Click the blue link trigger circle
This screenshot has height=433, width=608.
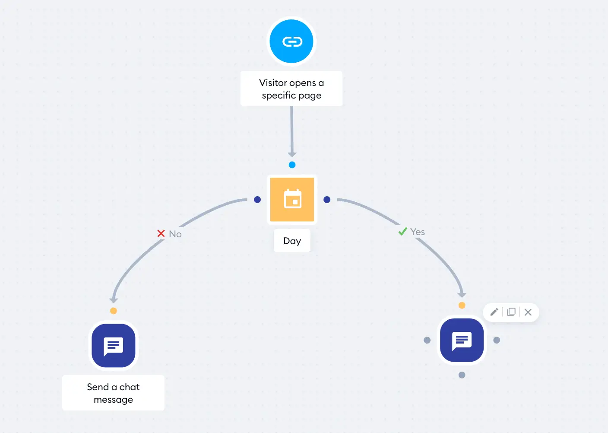[291, 41]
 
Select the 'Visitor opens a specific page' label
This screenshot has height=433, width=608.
[291, 89]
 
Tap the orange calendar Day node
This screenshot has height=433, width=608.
[292, 200]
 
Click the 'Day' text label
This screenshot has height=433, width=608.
[292, 241]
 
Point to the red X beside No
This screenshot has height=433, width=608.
[161, 233]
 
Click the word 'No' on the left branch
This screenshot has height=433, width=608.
[175, 234]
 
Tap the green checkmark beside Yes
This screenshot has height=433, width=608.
[403, 232]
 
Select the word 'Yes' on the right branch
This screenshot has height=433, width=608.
[418, 232]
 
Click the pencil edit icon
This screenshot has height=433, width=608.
[494, 312]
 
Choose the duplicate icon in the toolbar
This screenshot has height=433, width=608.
[511, 312]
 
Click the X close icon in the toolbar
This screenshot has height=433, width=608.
[528, 312]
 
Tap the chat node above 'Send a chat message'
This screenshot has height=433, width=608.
[114, 346]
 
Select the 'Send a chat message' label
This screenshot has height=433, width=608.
[113, 393]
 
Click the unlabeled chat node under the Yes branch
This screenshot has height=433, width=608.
[462, 340]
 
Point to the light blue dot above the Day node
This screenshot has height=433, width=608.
[292, 165]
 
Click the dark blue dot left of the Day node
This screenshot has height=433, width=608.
[257, 200]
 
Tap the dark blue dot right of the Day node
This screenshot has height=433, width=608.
[327, 200]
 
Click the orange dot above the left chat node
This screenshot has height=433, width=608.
[114, 311]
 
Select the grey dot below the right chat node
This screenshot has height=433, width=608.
[462, 375]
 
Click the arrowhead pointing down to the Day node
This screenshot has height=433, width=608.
[292, 155]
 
